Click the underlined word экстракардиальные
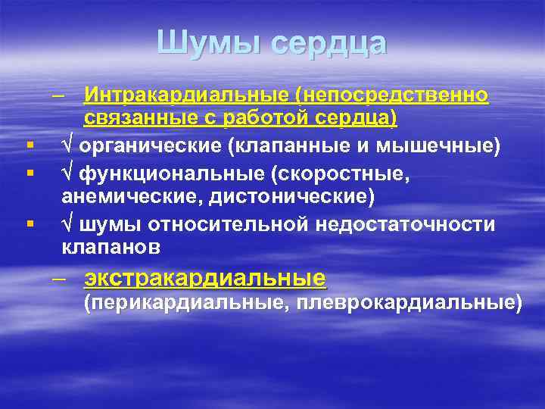click(x=205, y=277)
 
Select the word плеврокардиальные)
click(x=410, y=303)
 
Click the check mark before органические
click(x=67, y=146)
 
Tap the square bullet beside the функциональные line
click(x=29, y=173)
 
